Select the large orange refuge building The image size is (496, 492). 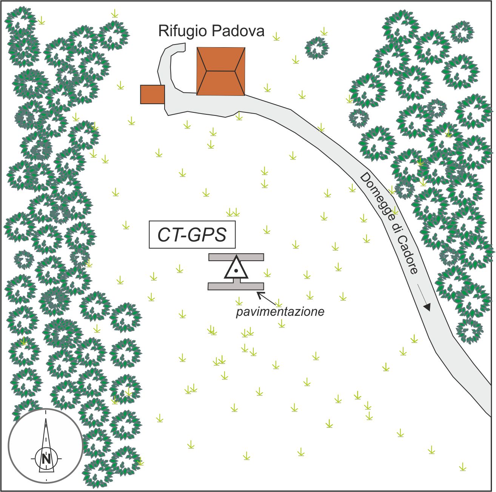pos(221,71)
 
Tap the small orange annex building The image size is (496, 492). pos(152,94)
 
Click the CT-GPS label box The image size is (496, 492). pos(192,235)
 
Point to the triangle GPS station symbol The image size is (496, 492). pos(236,269)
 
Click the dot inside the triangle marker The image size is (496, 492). pos(236,271)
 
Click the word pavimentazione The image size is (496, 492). pos(280,312)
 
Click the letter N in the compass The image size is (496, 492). pos(46,459)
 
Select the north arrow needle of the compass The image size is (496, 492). pos(46,434)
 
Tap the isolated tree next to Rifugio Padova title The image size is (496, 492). pos(317,48)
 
